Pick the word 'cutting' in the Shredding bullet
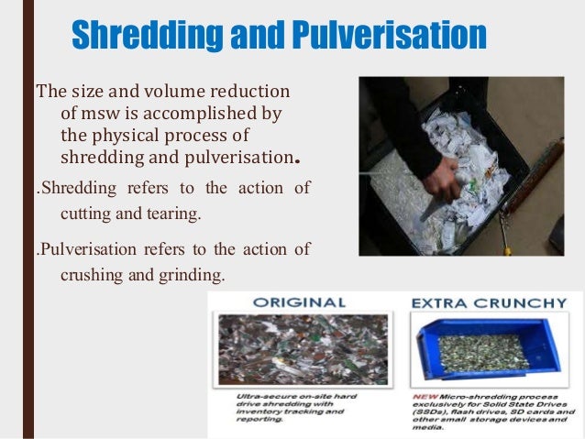(x=83, y=214)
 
